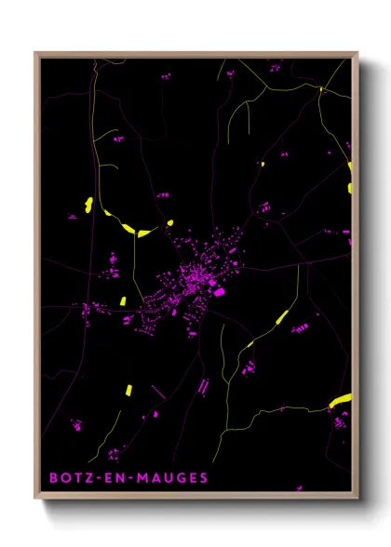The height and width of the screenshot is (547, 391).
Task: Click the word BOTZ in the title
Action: pos(68,478)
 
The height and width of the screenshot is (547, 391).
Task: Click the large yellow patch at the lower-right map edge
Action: pos(341,400)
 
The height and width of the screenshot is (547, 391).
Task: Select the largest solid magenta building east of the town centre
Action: pos(221,292)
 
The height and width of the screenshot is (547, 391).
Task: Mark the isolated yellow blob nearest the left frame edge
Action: pos(88,204)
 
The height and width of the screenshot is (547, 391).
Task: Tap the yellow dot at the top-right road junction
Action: pos(320,88)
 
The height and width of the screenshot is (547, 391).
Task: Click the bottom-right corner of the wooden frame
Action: pos(357,500)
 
